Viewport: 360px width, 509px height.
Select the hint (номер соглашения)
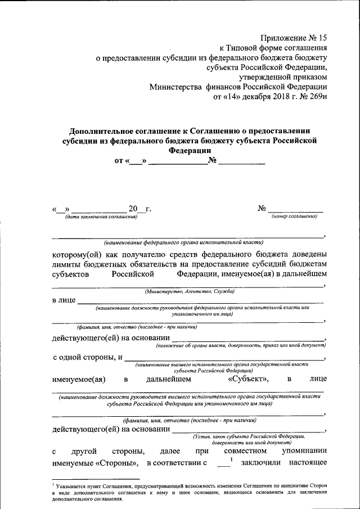point(294,217)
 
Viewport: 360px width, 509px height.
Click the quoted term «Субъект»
point(249,379)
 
